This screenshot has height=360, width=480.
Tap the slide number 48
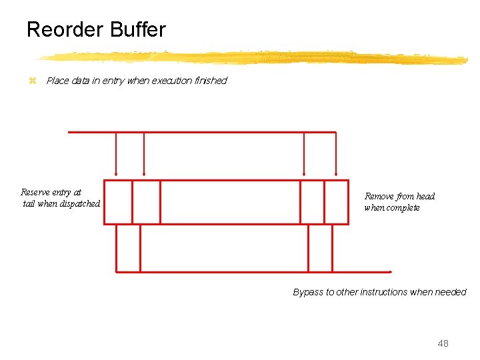(443, 343)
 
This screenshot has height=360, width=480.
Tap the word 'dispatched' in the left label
(79, 204)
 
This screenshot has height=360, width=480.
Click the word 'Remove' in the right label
(379, 196)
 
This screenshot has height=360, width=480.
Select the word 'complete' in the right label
(403, 207)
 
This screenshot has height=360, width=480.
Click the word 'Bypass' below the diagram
(308, 292)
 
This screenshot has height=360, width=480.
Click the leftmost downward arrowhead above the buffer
(116, 175)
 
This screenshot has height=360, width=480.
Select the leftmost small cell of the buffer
(118, 202)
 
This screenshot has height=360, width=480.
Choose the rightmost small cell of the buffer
(336, 202)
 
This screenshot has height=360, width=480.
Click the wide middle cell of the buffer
(230, 202)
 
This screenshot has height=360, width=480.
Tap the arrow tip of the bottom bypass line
(390, 271)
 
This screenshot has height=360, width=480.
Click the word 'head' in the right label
(425, 196)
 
